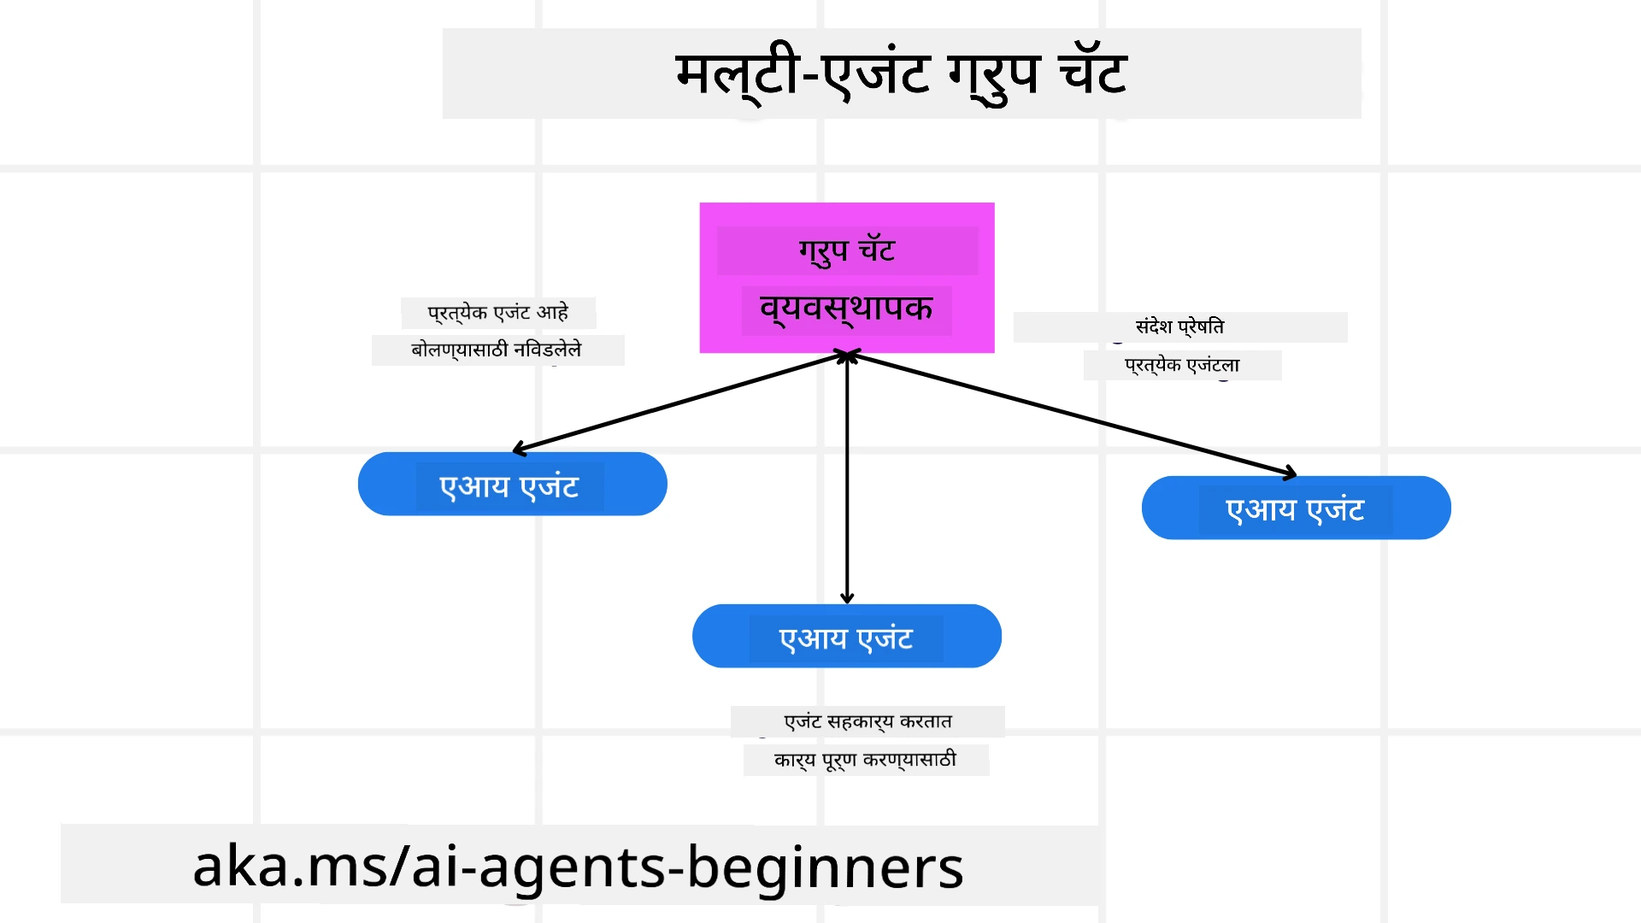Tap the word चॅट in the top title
tap(1092, 73)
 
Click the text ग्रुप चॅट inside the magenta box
tap(846, 251)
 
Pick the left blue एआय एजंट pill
tap(512, 485)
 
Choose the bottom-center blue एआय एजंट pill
tap(846, 637)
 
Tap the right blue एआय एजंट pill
tap(1296, 509)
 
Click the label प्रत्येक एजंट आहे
tap(498, 313)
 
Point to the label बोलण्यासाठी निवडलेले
tap(497, 350)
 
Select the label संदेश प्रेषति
tap(1179, 326)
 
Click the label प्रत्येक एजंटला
tap(1182, 366)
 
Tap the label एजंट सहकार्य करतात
tap(868, 722)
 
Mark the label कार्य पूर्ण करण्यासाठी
tap(865, 760)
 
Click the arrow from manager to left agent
tap(679, 403)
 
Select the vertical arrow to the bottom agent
tap(847, 479)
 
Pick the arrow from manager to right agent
tap(1068, 414)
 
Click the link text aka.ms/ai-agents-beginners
tap(578, 867)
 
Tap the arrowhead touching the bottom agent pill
tap(847, 597)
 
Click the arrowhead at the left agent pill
tap(520, 448)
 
